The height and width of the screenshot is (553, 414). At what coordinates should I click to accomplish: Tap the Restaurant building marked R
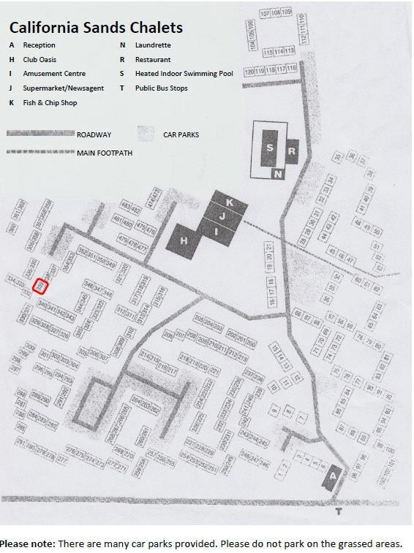click(x=292, y=151)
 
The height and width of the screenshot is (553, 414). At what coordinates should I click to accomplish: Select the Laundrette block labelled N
click(x=278, y=174)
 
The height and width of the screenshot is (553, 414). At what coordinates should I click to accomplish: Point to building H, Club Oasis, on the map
click(x=185, y=240)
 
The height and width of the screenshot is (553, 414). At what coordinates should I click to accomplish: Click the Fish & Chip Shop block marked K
click(x=229, y=202)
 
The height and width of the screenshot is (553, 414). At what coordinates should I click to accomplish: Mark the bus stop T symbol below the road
click(x=338, y=512)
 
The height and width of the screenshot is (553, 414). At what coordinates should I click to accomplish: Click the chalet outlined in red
click(x=41, y=286)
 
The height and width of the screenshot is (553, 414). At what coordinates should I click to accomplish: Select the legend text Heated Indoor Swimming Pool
click(x=182, y=74)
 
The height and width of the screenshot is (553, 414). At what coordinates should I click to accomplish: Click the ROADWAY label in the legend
click(x=94, y=134)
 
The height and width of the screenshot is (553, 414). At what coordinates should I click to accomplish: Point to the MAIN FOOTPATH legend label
click(x=102, y=152)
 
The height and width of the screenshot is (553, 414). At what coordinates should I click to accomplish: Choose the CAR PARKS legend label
click(x=182, y=134)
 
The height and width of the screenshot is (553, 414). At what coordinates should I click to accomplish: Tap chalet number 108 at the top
click(x=275, y=13)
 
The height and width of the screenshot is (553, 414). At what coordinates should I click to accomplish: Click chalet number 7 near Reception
click(x=301, y=417)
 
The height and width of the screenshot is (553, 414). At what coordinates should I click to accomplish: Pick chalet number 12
click(x=288, y=379)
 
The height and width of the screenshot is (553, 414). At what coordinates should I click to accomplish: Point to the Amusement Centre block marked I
click(x=217, y=230)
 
